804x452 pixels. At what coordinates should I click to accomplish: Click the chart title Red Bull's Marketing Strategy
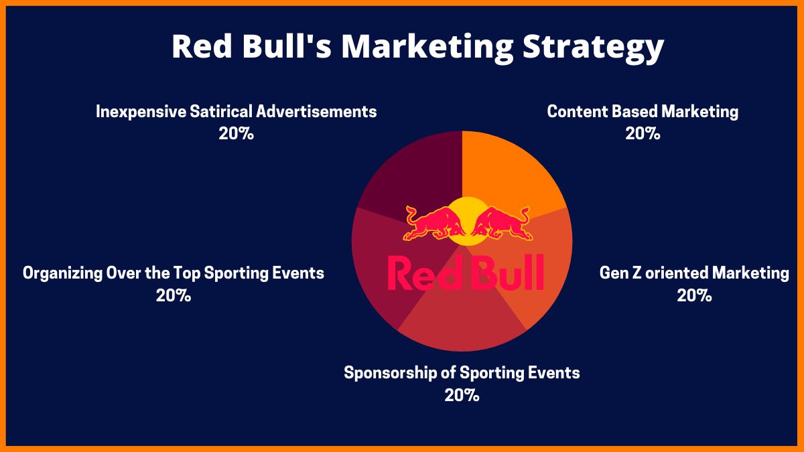(x=417, y=47)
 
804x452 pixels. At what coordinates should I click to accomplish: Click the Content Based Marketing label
(x=643, y=111)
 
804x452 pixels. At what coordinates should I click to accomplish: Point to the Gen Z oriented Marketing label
(x=694, y=273)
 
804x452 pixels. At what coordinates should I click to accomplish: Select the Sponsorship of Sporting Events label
(x=462, y=372)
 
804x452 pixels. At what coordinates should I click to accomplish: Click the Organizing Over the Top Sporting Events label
(x=174, y=273)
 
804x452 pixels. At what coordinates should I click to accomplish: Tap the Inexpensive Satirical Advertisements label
(x=236, y=111)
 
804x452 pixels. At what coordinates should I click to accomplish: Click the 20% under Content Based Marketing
(x=643, y=133)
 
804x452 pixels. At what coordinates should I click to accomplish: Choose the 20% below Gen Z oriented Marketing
(x=694, y=295)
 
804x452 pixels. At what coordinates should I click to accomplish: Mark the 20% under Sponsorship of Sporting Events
(x=462, y=395)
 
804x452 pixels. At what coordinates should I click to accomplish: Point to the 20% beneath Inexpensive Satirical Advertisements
(x=236, y=133)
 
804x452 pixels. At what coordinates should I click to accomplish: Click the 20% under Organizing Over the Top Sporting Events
(x=174, y=295)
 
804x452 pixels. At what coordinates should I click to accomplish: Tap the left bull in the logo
(x=429, y=224)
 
